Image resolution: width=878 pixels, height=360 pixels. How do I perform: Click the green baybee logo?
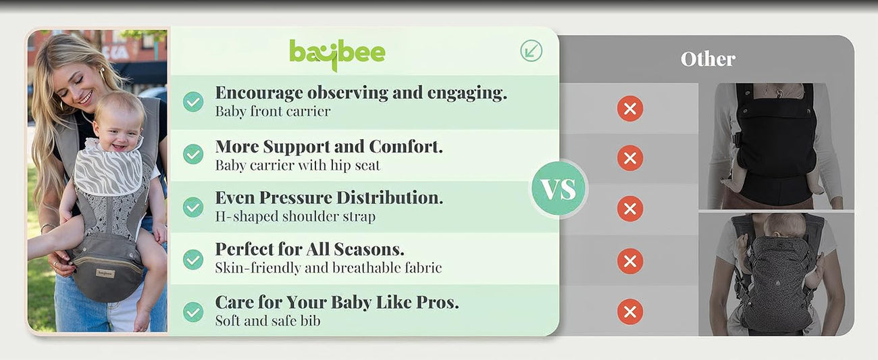(337, 55)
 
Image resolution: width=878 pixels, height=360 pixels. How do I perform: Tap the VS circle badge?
(559, 188)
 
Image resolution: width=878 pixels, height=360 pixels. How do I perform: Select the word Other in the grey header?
(708, 59)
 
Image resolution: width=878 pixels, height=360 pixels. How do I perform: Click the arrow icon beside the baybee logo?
(531, 51)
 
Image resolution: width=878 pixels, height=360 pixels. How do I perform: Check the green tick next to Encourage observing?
(193, 101)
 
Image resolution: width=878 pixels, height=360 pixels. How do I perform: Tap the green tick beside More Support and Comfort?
(193, 154)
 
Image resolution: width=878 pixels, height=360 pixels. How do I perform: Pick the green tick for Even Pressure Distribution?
(193, 207)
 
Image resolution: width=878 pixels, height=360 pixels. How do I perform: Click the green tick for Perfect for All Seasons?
(193, 259)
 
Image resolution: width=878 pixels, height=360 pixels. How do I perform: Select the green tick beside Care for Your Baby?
(193, 312)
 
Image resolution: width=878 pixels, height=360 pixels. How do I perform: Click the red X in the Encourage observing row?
(630, 109)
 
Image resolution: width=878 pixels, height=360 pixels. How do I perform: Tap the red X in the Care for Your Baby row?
(630, 312)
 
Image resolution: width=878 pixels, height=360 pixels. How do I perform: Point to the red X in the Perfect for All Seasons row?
(630, 261)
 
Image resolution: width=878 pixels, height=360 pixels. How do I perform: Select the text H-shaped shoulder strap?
(295, 216)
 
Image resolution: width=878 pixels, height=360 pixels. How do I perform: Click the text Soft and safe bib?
(267, 321)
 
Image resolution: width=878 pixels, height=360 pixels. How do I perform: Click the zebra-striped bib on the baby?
(108, 169)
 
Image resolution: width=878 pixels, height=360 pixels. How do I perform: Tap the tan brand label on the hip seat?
(105, 274)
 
